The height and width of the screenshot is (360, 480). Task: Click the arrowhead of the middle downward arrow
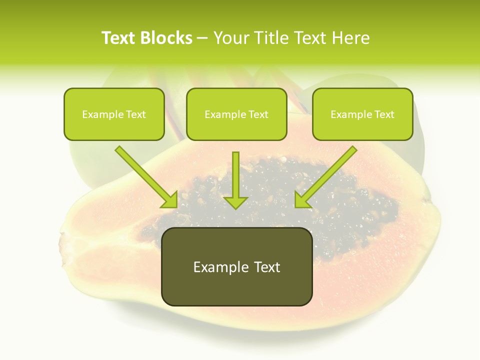(x=235, y=201)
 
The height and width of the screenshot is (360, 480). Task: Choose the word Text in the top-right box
(x=384, y=114)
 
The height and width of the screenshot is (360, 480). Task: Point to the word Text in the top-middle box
(x=258, y=114)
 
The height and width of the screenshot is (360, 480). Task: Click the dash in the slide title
(x=203, y=38)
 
